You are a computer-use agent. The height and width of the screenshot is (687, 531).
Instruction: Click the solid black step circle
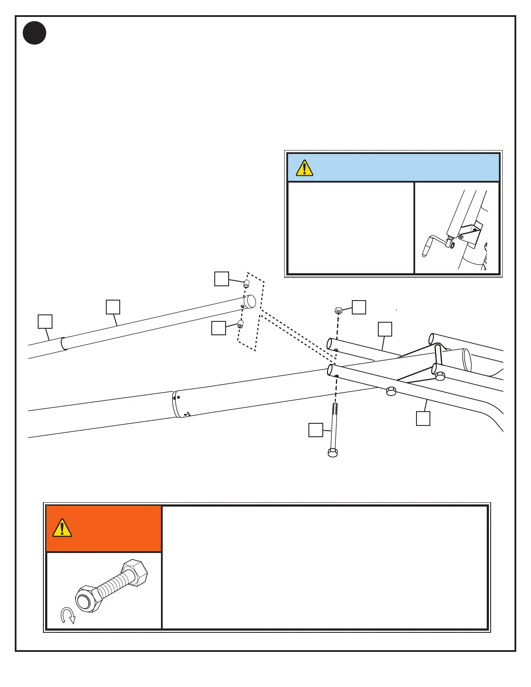point(35,33)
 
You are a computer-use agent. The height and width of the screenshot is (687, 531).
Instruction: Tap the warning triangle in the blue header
point(305,168)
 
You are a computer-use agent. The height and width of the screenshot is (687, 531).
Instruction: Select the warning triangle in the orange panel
point(62,528)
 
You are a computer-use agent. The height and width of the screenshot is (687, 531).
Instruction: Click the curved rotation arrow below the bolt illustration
point(68,615)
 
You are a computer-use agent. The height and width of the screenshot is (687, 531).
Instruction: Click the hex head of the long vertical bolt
point(333,453)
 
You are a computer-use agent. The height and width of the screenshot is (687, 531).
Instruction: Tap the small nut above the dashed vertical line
point(339,311)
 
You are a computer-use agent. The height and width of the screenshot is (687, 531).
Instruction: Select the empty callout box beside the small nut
point(359,307)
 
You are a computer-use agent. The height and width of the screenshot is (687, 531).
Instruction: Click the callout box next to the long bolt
point(316,430)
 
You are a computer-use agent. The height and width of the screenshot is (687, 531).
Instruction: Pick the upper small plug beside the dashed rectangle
point(246,284)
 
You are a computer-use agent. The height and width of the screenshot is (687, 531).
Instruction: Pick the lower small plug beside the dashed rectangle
point(240,324)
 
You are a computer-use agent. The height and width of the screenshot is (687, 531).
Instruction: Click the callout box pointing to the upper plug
point(222,279)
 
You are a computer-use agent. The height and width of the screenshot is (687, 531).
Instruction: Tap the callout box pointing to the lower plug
point(219,328)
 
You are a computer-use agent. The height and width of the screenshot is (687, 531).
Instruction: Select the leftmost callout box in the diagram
point(45,321)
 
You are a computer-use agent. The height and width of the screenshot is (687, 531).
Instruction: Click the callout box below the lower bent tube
point(423,419)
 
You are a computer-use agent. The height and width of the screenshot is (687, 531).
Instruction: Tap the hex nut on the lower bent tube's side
point(391,391)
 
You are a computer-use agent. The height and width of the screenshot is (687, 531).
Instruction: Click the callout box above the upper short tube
point(385,329)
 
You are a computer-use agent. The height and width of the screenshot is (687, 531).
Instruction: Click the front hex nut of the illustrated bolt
point(88,600)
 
